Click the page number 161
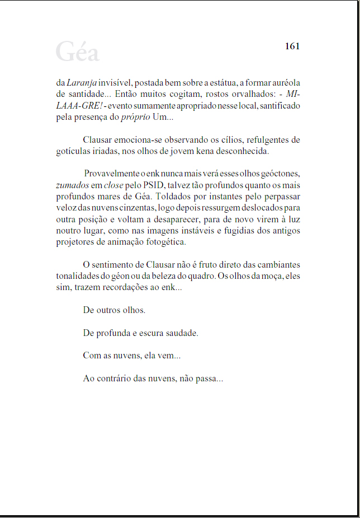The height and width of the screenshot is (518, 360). (x=292, y=46)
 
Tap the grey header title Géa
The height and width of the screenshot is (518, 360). (x=77, y=52)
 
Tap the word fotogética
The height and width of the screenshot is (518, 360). (x=165, y=242)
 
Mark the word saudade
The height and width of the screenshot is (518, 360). (x=181, y=333)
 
